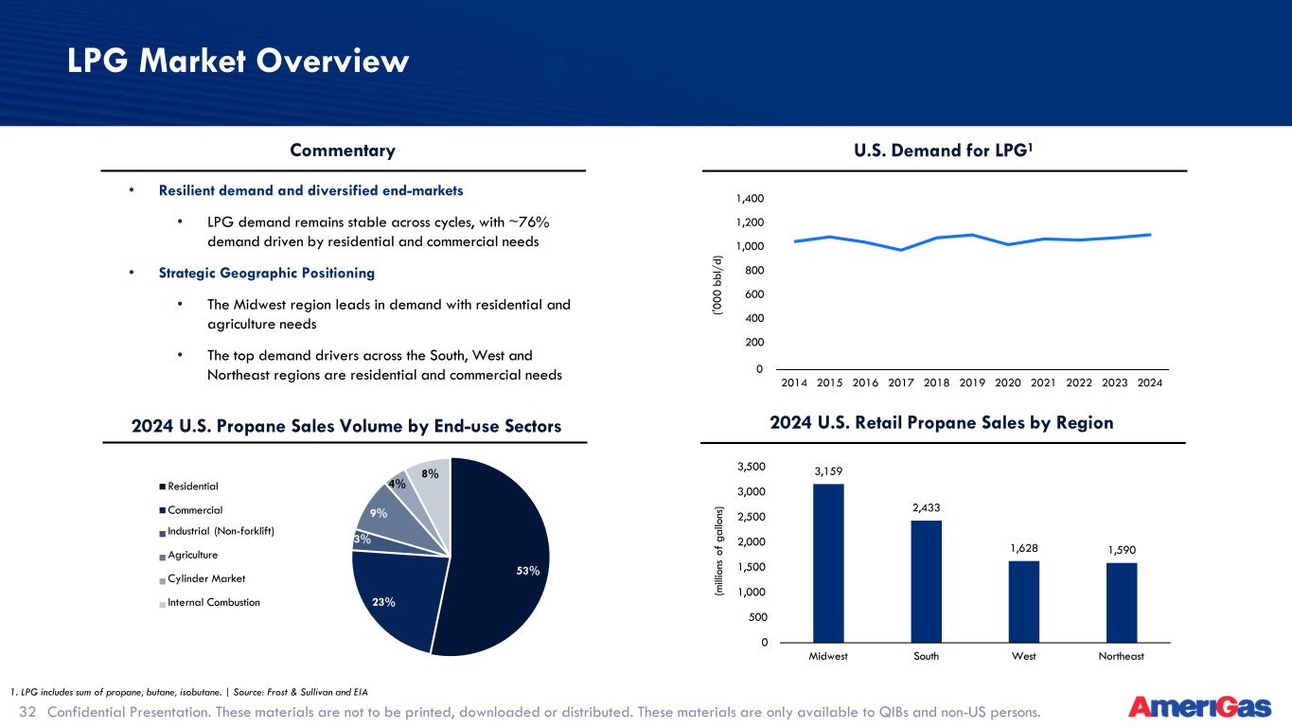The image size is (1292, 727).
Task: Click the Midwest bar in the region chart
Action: point(828,563)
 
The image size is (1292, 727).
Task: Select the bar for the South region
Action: point(927,581)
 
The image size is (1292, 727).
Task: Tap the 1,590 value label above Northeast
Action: point(1122,550)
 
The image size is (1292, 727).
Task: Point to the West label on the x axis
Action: point(1024,656)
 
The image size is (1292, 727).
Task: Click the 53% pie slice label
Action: point(528,571)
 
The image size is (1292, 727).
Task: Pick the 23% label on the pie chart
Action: point(383,602)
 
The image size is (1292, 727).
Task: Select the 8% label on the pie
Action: point(430,473)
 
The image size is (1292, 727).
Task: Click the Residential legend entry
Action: point(189,487)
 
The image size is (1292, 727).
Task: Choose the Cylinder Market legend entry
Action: point(203,578)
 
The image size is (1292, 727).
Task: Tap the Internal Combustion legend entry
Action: point(210,602)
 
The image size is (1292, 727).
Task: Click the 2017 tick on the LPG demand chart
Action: point(901,382)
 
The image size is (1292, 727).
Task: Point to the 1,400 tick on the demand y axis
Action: point(750,199)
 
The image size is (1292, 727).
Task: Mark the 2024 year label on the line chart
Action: point(1149,382)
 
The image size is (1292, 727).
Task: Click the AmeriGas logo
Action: point(1200,707)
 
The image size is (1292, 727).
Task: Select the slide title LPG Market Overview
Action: point(238,61)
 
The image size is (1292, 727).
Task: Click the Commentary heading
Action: point(343,150)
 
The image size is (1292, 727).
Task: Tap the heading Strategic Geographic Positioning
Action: point(267,273)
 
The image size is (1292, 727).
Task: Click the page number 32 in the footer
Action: point(27,712)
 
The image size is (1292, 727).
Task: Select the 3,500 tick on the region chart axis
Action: point(752,467)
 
